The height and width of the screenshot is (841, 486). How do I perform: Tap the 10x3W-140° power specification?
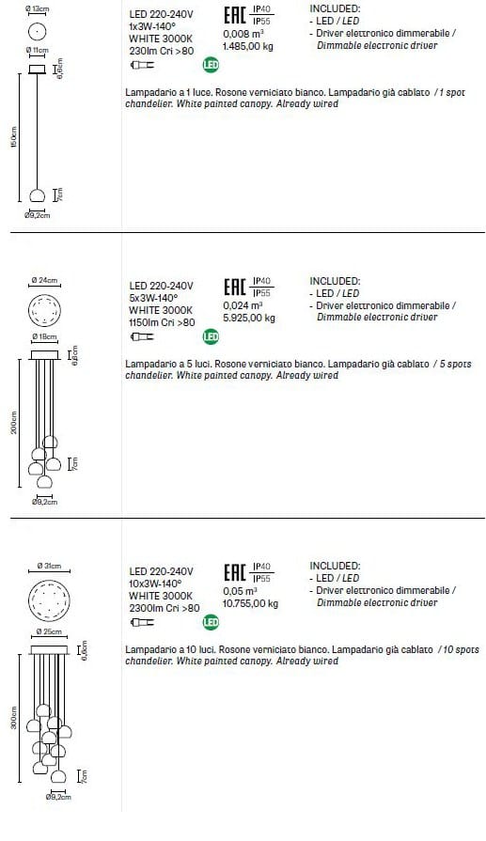154,584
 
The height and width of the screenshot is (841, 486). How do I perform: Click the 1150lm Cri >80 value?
162,321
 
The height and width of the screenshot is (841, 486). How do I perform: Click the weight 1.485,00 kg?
248,44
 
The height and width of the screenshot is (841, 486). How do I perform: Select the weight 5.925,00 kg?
248,318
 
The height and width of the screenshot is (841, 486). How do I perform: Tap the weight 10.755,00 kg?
250,603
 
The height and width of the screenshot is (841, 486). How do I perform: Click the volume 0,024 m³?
242,305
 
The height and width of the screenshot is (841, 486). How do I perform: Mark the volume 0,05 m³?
240,592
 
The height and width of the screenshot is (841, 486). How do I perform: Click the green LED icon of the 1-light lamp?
212,65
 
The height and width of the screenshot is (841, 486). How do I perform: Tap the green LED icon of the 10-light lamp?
212,621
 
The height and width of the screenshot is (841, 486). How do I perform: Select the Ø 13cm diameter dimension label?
39,8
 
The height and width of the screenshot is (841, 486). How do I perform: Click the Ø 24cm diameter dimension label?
44,280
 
